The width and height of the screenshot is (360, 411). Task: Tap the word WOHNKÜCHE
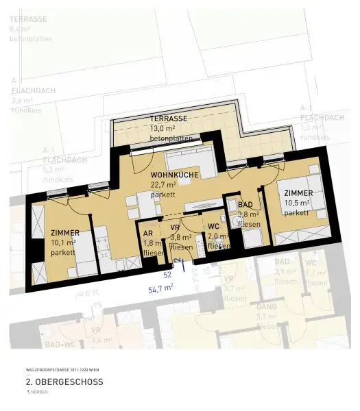[x=174, y=175]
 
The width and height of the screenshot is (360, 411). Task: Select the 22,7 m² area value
[x=164, y=184]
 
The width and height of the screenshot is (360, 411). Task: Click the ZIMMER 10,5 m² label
[x=299, y=193]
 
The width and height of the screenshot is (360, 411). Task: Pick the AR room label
[x=147, y=234]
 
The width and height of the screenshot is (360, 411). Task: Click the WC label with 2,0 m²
[x=213, y=227]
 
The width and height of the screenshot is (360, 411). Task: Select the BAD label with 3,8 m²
[x=245, y=205]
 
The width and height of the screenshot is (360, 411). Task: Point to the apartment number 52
[x=167, y=274]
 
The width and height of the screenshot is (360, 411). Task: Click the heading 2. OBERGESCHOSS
[x=64, y=382]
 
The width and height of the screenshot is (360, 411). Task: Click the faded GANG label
[x=267, y=306]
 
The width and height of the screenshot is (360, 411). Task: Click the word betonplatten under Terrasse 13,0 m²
[x=169, y=138]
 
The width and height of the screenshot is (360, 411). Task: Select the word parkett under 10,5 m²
[x=296, y=212]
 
